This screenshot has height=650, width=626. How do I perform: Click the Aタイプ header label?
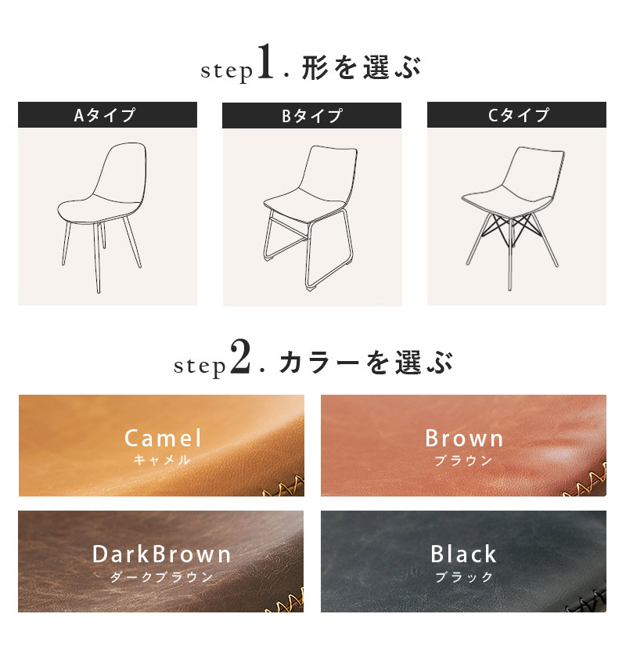[x=105, y=115]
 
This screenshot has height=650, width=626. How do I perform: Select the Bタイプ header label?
[x=312, y=116]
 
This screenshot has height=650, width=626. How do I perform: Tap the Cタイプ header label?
[x=518, y=115]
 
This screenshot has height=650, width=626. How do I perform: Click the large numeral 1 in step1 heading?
[x=265, y=61]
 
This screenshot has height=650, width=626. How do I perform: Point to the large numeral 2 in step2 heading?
[x=240, y=356]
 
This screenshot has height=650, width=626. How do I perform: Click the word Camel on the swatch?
[x=163, y=439]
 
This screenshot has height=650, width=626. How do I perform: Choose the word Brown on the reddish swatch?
[x=464, y=439]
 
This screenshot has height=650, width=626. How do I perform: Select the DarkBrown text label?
[x=161, y=554]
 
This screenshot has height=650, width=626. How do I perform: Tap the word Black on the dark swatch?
[x=463, y=554]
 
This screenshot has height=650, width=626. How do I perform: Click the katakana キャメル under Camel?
[x=162, y=460]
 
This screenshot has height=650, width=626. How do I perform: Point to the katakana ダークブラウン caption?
[x=161, y=576]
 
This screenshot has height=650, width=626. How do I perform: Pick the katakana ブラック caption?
[x=464, y=576]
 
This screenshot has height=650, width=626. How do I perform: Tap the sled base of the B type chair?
[x=308, y=249]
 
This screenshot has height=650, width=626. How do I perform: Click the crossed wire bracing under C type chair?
[x=512, y=230]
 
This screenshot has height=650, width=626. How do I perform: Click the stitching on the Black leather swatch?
[x=587, y=601]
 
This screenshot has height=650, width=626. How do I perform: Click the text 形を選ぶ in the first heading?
[x=361, y=67]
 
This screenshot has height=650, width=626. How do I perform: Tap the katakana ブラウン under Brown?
[x=463, y=460]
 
